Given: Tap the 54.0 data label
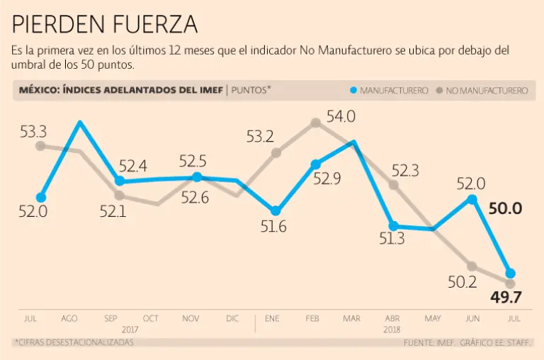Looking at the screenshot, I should [341, 116].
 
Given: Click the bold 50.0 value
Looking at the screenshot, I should [506, 208].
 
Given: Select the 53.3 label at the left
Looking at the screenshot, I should [33, 131].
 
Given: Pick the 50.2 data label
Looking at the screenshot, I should [462, 281].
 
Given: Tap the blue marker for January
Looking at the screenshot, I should [276, 210].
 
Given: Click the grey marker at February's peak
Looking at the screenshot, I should [316, 123].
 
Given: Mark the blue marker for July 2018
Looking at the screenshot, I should [511, 274].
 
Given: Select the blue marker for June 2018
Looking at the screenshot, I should [472, 199].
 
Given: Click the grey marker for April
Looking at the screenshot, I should [393, 185].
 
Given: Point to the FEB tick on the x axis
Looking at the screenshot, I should [312, 319].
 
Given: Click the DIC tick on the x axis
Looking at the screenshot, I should [232, 319].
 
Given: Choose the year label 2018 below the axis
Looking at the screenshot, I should [392, 329].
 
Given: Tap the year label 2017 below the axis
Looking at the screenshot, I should [130, 329].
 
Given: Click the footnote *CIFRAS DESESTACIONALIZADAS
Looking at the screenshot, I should [74, 342].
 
